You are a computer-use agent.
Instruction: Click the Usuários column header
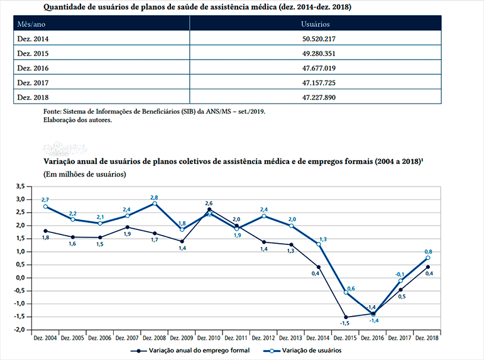click(316, 24)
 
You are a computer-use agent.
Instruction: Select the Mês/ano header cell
click(31, 24)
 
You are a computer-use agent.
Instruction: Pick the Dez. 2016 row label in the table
click(33, 68)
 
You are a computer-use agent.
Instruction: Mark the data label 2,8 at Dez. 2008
click(154, 197)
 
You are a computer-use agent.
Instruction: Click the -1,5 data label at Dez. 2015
click(345, 324)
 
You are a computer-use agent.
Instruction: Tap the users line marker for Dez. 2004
click(46, 207)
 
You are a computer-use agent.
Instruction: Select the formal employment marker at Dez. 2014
click(318, 267)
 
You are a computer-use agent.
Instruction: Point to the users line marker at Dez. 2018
click(427, 258)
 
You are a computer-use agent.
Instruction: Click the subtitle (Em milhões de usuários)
click(84, 174)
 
